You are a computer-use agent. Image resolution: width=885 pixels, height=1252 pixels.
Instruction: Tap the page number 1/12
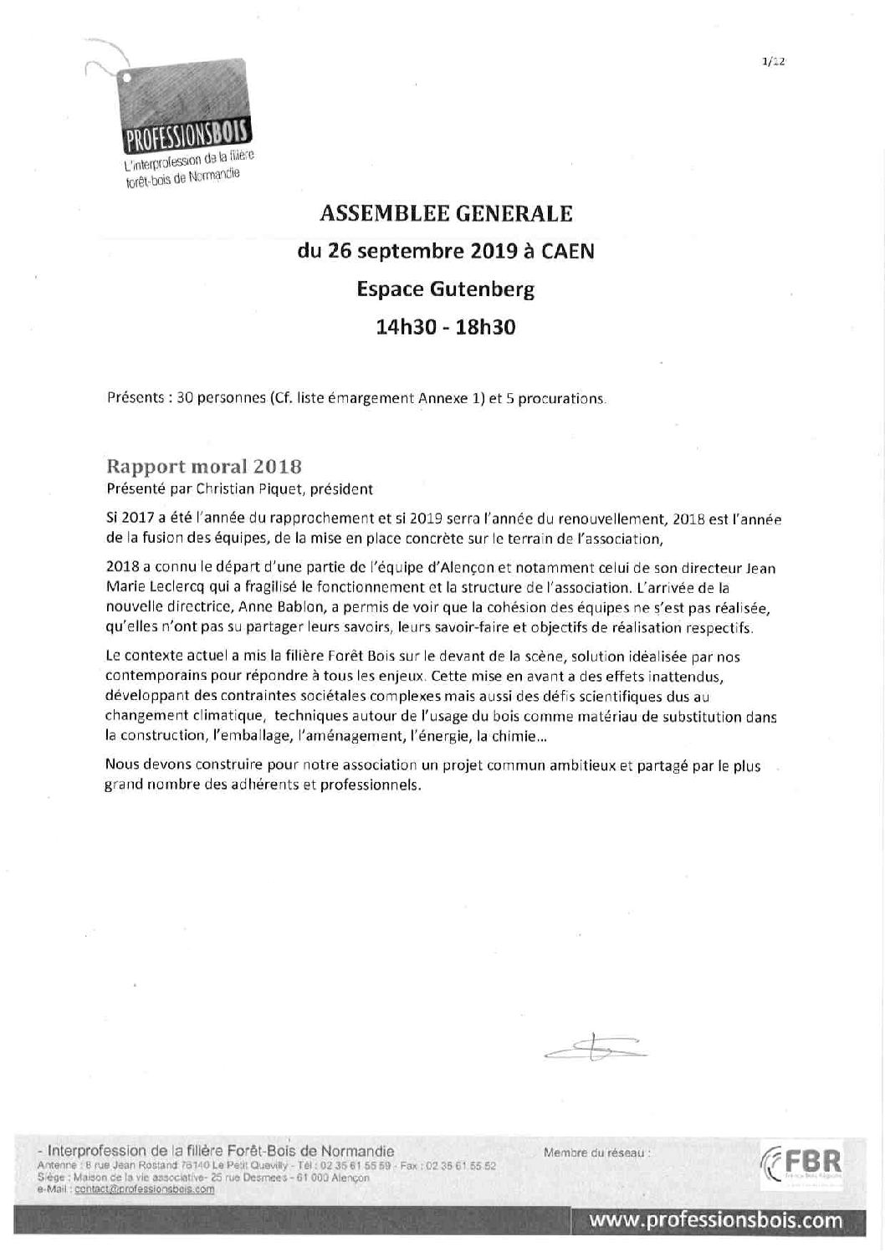774,61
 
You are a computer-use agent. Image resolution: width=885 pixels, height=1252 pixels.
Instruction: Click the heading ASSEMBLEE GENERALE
446,214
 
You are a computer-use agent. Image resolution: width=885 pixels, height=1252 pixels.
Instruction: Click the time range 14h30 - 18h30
446,327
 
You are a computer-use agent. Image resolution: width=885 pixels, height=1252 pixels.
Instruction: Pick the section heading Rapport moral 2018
203,466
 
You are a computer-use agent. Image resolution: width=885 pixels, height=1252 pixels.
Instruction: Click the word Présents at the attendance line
135,398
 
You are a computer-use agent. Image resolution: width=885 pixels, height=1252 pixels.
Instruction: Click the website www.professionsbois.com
716,1220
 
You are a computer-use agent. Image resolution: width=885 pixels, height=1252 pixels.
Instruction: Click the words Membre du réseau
596,1152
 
